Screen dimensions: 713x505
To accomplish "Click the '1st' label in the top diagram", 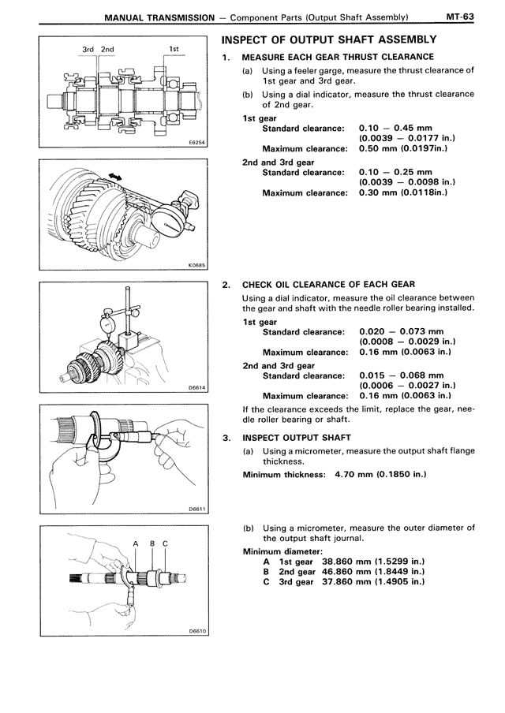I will coord(174,50).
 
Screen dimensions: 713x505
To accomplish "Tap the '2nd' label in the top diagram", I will coord(107,50).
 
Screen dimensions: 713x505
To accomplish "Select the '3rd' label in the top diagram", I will coord(88,50).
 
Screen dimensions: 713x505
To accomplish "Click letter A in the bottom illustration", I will coord(136,543).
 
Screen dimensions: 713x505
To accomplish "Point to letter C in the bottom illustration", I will coord(164,543).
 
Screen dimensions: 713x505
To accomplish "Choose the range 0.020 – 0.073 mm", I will coord(401,330).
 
